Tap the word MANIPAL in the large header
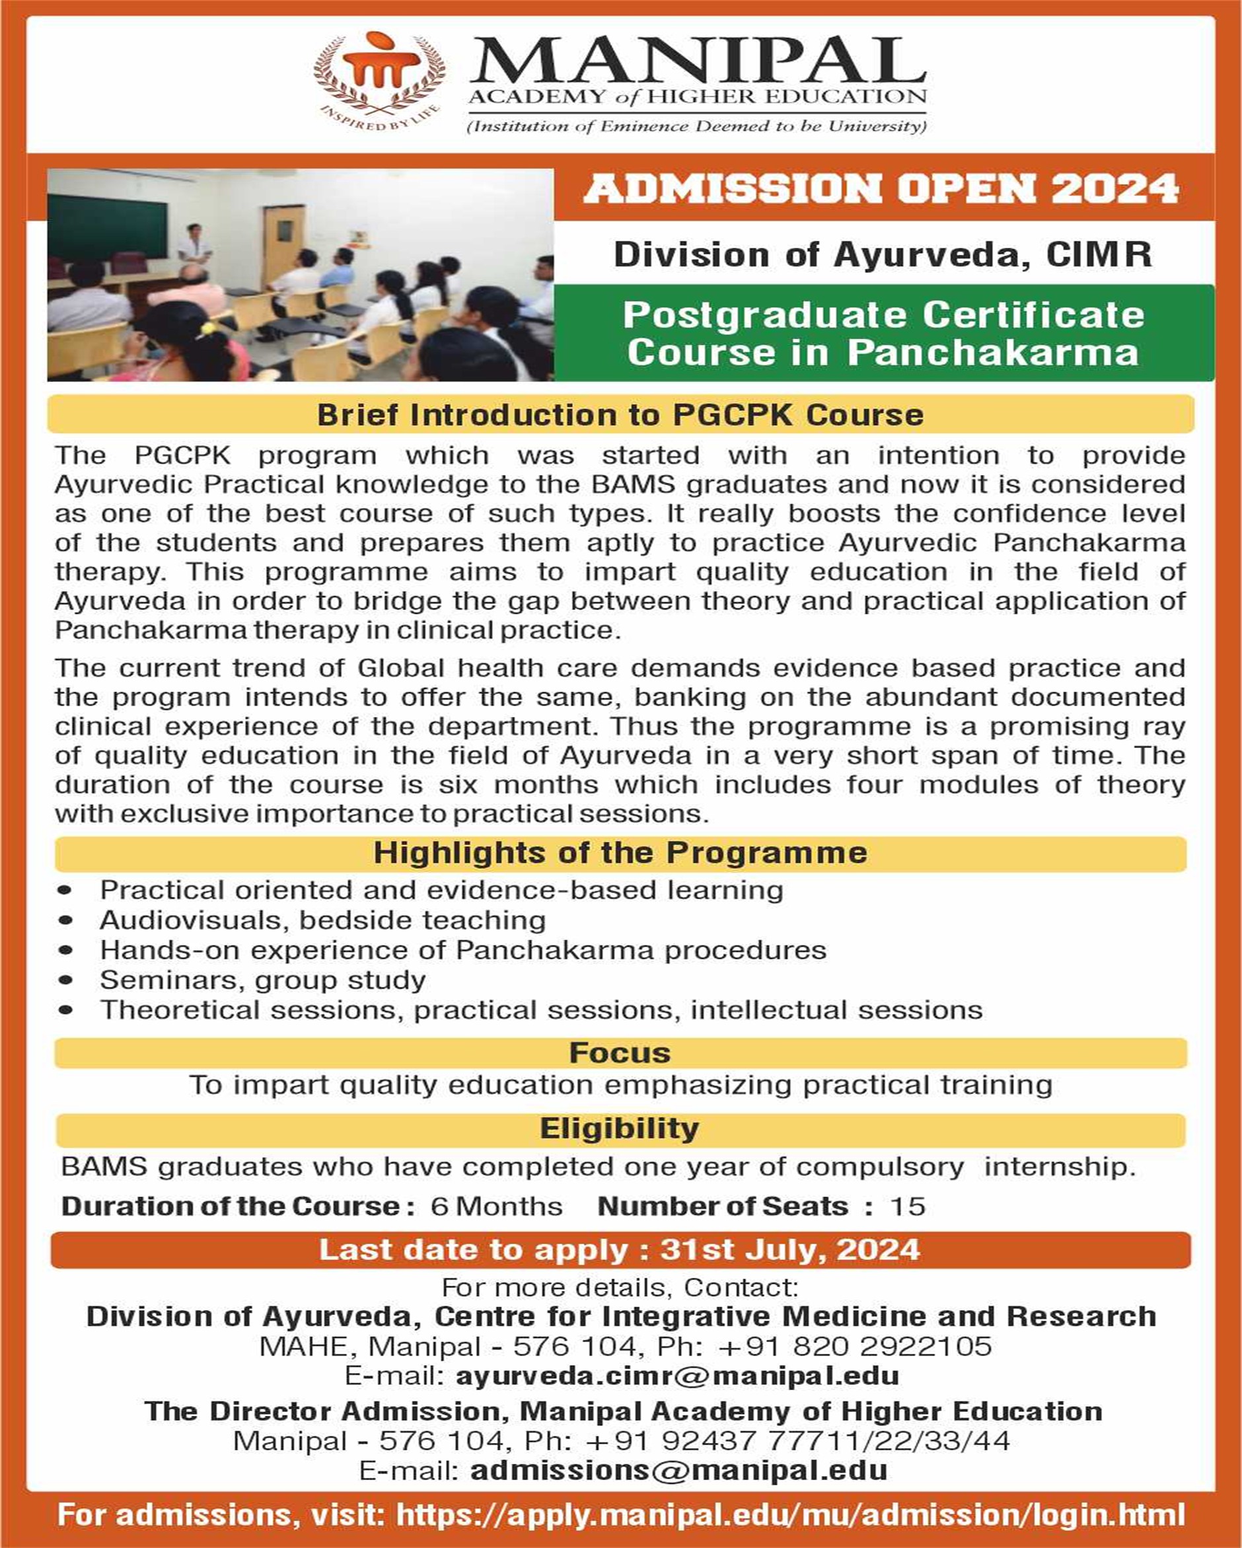698,61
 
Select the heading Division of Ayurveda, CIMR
883,255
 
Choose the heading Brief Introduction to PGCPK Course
620,415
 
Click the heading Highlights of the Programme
620,852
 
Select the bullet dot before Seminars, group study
66,980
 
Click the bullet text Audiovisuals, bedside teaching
322,920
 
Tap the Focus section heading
620,1052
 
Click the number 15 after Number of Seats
908,1206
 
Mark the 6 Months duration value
496,1206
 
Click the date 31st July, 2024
789,1250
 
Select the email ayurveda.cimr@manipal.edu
677,1376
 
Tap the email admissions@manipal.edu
678,1470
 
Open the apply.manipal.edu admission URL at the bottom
789,1515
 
